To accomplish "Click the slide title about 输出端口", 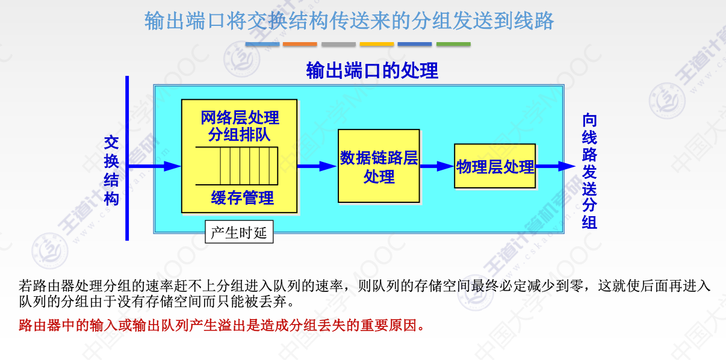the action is [349, 22].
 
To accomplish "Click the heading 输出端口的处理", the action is [372, 71].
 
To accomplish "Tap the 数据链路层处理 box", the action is [379, 166].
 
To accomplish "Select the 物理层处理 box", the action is [495, 166].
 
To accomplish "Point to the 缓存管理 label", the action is [243, 197].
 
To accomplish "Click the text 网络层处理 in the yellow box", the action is [240, 117].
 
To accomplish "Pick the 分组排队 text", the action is [240, 134].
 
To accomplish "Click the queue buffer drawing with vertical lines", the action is [237, 166].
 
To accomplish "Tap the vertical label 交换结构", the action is [112, 170].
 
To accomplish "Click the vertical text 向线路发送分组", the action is [589, 171].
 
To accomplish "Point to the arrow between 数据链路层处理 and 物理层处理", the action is [436, 166].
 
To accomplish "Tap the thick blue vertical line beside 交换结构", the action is [127, 158].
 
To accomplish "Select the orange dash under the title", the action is [300, 44].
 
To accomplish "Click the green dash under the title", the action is [453, 44].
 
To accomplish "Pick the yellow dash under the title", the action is [377, 44].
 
